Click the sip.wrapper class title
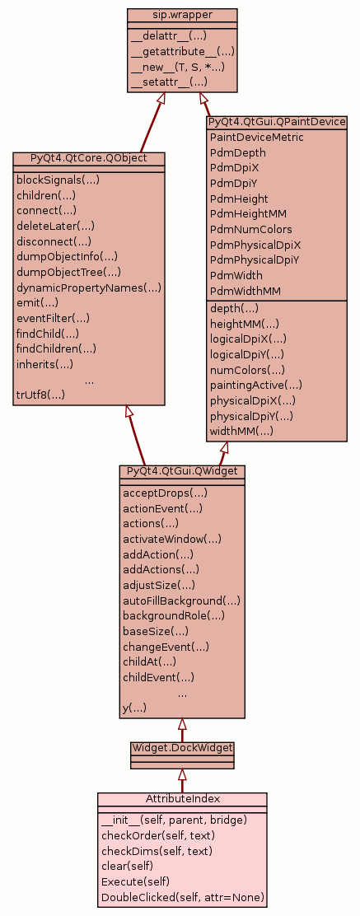182,15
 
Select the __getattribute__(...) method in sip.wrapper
182,51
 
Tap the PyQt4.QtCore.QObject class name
89,158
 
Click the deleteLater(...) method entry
55,226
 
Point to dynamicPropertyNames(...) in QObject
89,287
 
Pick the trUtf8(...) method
41,395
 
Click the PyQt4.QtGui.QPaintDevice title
277,122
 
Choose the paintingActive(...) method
256,385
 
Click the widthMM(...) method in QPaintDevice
241,432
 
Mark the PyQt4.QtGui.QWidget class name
182,471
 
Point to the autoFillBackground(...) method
181,601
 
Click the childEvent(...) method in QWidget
158,678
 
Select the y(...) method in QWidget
134,708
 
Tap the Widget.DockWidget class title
182,748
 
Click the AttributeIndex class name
182,798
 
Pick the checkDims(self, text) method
157,851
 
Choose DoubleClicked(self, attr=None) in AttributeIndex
183,897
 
